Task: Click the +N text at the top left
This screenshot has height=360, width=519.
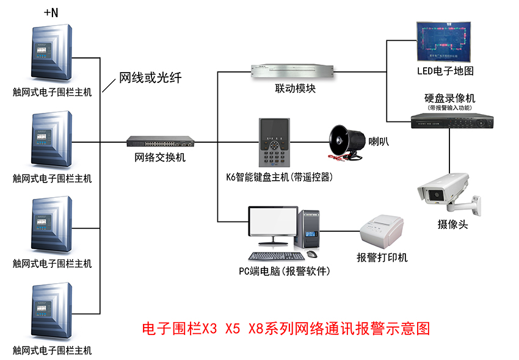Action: pyautogui.click(x=51, y=13)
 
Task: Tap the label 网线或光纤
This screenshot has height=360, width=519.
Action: pyautogui.click(x=150, y=78)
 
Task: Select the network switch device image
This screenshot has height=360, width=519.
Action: pyautogui.click(x=160, y=142)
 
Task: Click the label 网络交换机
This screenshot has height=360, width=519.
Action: pyautogui.click(x=160, y=157)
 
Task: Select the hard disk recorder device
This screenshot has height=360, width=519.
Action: pyautogui.click(x=451, y=121)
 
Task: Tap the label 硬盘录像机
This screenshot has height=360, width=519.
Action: pyautogui.click(x=450, y=98)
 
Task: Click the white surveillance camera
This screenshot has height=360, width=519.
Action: pyautogui.click(x=446, y=192)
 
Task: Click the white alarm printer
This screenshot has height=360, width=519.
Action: pyautogui.click(x=382, y=231)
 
